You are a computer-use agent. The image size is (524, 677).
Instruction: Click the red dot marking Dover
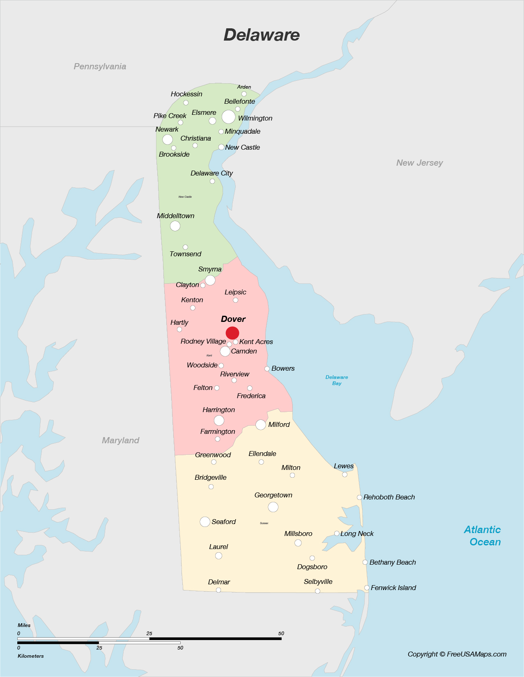[232, 333]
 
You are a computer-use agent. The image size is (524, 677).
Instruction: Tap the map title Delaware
[262, 35]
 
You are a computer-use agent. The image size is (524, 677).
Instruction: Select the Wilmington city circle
[228, 117]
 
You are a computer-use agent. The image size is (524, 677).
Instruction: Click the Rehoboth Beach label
[389, 497]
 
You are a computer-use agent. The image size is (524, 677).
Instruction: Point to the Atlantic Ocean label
[483, 536]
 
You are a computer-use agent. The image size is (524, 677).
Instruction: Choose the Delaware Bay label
[337, 380]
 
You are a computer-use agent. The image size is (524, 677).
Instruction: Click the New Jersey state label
[419, 163]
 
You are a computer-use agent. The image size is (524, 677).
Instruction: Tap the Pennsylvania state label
[100, 66]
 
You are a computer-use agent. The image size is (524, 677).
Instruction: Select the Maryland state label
[120, 440]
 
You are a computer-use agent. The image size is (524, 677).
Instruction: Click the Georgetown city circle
[273, 507]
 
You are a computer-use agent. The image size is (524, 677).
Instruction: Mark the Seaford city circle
[205, 522]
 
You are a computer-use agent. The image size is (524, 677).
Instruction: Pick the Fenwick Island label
[393, 588]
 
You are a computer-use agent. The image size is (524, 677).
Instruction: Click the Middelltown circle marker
[175, 226]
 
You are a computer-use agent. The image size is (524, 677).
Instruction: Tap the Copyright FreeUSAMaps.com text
[457, 654]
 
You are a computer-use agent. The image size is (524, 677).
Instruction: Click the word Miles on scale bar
[24, 625]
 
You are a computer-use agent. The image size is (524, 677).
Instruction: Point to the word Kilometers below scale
[31, 656]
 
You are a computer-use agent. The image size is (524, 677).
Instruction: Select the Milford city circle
[260, 425]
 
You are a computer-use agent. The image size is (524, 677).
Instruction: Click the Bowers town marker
[267, 369]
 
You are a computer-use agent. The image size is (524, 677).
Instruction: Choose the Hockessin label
[186, 94]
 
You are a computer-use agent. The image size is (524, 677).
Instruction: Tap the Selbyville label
[318, 581]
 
